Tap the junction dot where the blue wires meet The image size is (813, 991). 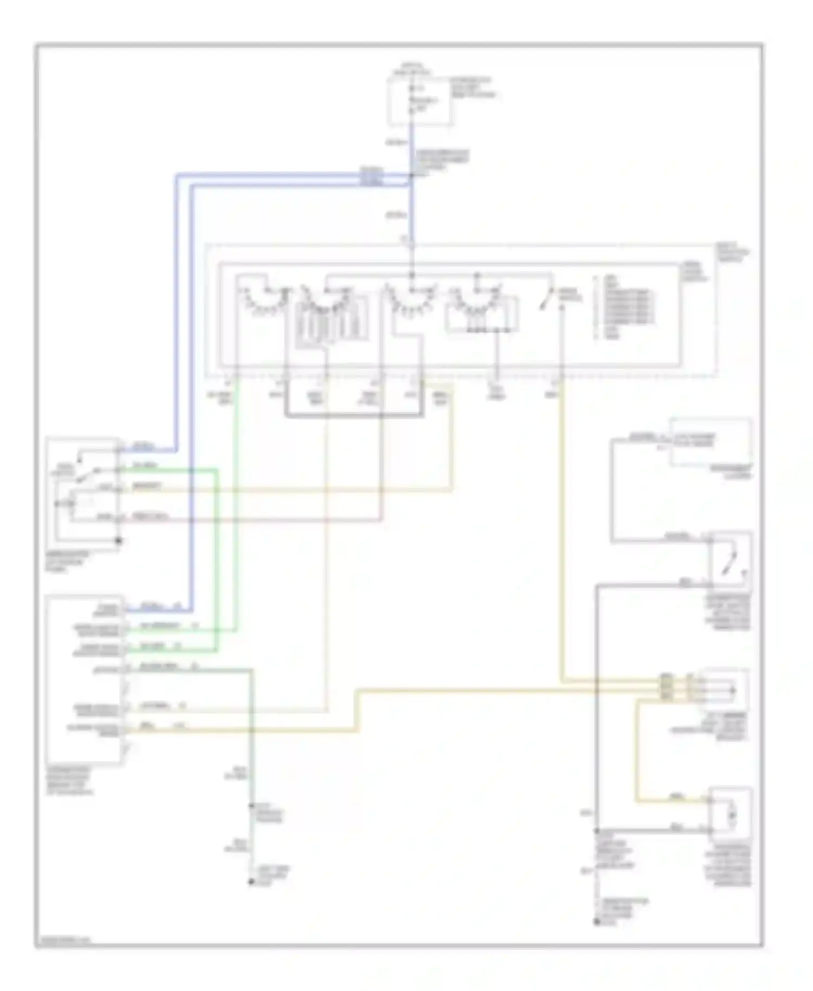(411, 175)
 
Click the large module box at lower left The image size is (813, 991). (85, 680)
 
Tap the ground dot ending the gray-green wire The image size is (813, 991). (251, 882)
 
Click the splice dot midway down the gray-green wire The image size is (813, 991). (251, 806)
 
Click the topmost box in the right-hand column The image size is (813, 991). (711, 442)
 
